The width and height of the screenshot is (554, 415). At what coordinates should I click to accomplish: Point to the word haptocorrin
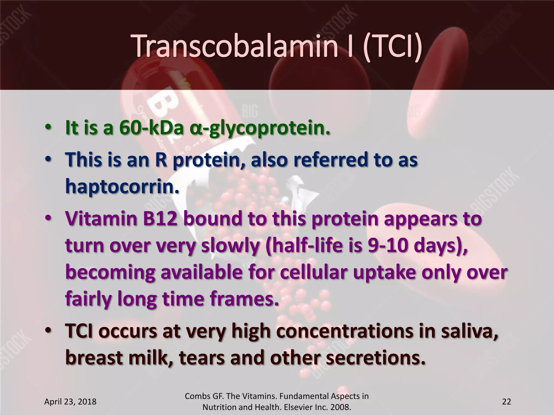pos(122,186)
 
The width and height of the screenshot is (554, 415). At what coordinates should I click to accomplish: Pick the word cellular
pos(310,272)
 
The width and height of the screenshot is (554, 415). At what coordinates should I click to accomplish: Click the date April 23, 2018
pos(70,401)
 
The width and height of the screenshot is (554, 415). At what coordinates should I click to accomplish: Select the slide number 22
pos(506,401)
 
